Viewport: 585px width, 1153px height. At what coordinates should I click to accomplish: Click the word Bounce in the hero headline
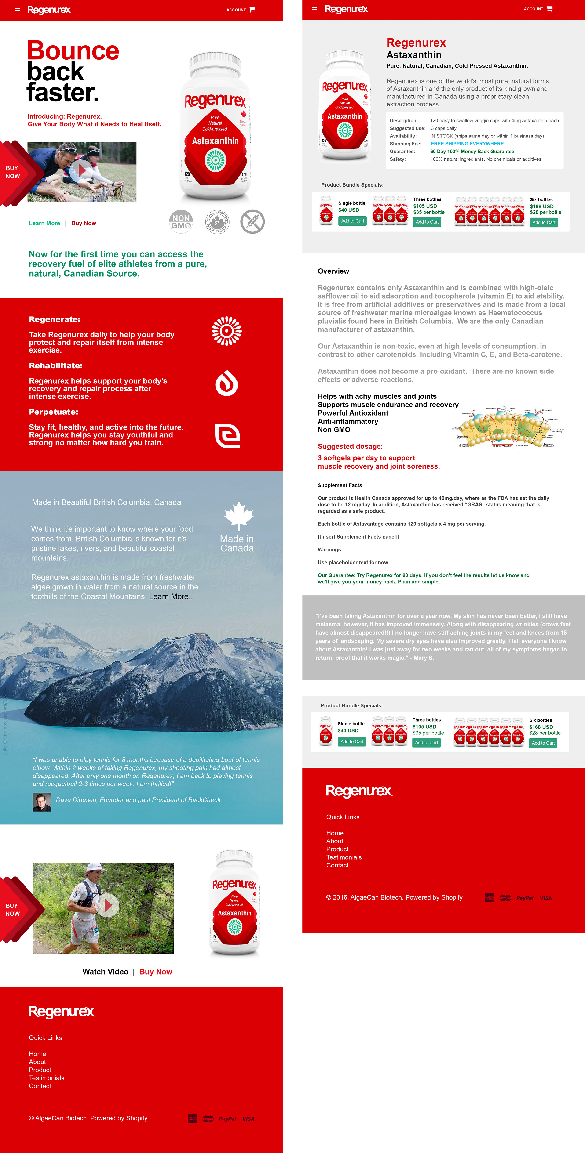73,51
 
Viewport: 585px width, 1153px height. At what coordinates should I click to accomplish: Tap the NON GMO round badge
181,222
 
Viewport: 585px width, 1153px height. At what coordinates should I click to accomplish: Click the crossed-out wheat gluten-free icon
252,222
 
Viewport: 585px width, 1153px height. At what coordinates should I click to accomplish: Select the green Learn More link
44,223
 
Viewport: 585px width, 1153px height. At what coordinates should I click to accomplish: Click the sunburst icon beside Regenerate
227,331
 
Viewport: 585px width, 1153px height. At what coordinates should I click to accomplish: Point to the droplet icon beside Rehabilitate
227,383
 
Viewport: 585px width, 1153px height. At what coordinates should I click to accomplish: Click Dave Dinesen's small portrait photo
42,802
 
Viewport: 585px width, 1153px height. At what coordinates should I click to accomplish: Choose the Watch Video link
105,972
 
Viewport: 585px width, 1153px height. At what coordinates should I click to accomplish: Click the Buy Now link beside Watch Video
156,972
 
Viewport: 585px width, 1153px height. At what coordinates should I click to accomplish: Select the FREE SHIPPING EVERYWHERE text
467,144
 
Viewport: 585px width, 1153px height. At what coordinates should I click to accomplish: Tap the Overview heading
333,271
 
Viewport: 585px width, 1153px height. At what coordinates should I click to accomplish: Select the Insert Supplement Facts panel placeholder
358,537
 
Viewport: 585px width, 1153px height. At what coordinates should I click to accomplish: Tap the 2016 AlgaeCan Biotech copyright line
394,897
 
